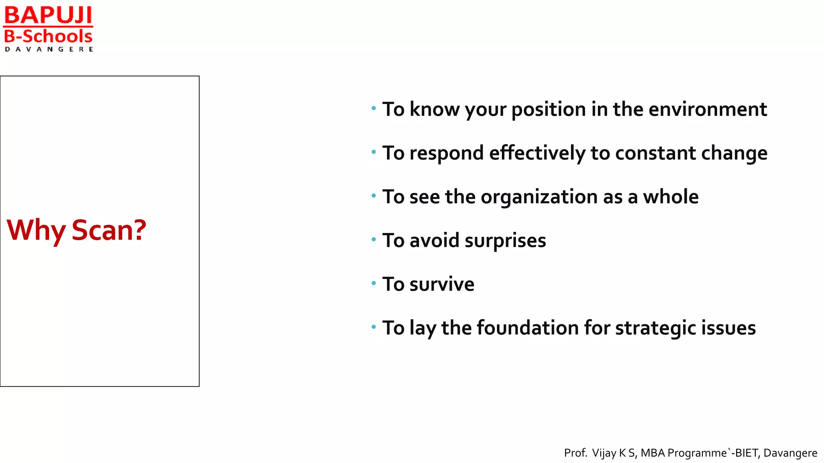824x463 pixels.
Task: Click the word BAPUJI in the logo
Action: pos(48,15)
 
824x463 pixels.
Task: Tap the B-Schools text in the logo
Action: pos(48,37)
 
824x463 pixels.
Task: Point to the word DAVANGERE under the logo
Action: pos(49,49)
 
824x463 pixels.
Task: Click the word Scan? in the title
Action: pos(109,230)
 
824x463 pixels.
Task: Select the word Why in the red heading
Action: pos(36,230)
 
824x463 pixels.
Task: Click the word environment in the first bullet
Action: pos(707,109)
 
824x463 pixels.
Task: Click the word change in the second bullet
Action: pos(734,153)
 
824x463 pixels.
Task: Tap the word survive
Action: pos(442,284)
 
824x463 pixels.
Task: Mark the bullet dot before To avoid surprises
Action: pos(374,240)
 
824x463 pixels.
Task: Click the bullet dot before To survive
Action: pos(374,283)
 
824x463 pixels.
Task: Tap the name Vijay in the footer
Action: pos(604,453)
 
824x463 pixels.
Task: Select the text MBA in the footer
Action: pos(653,453)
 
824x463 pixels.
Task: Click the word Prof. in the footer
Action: pos(575,453)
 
